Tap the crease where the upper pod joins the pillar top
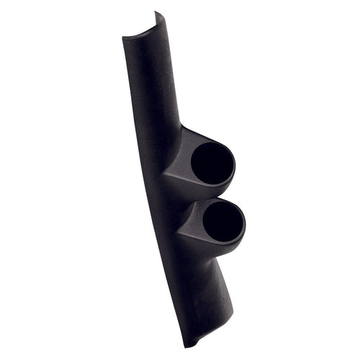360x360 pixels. pyautogui.click(x=180, y=130)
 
